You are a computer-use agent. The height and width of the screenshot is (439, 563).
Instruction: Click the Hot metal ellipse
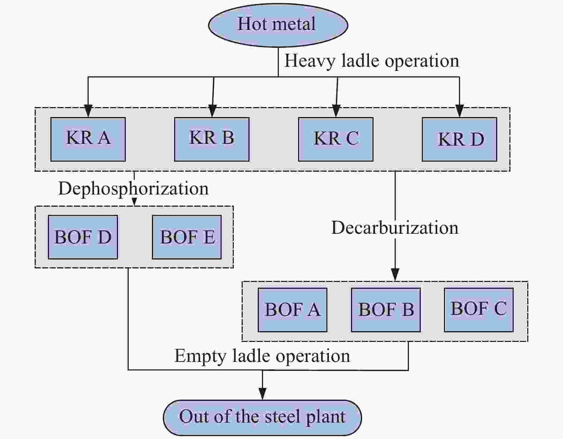click(x=278, y=25)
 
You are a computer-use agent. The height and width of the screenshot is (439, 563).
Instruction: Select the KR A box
click(x=88, y=139)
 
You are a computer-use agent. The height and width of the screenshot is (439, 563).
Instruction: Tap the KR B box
click(x=212, y=139)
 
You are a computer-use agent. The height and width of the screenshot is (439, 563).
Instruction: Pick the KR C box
click(x=336, y=139)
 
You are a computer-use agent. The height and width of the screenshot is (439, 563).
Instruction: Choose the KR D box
click(x=459, y=139)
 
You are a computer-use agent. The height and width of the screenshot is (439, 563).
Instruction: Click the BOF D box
click(x=83, y=237)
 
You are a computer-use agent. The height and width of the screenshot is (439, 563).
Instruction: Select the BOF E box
click(x=187, y=237)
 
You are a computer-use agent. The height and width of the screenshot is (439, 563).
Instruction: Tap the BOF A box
click(x=292, y=310)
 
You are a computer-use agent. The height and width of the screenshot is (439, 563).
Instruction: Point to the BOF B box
click(x=386, y=310)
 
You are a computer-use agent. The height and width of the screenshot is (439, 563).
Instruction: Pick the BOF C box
click(x=479, y=309)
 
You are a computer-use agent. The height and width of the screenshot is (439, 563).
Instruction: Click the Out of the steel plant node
click(x=262, y=417)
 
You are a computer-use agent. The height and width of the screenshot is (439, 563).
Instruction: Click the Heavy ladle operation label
click(x=371, y=61)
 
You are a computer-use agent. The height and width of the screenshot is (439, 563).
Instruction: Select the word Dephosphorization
click(x=133, y=188)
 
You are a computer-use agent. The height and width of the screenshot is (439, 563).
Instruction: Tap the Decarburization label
click(x=395, y=228)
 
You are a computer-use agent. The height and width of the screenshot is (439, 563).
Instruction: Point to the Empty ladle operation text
click(x=262, y=356)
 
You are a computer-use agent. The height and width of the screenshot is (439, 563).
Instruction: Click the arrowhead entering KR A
click(x=88, y=111)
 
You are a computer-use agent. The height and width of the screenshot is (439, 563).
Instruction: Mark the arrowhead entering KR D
click(x=459, y=111)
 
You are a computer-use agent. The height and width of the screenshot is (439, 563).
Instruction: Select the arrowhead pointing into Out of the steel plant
click(x=262, y=394)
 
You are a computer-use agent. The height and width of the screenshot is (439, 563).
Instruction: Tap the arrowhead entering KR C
click(x=336, y=111)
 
